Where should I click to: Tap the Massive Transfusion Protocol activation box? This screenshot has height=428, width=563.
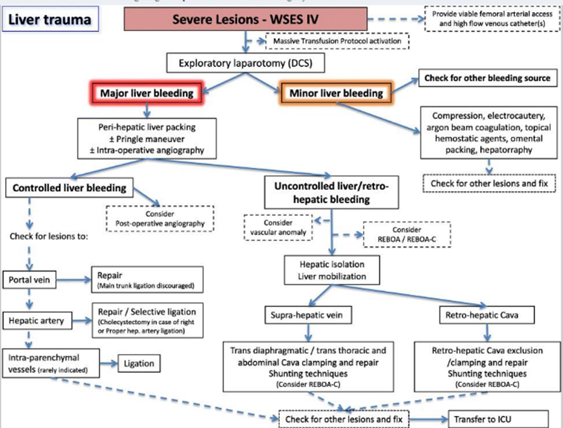pos(338,42)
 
